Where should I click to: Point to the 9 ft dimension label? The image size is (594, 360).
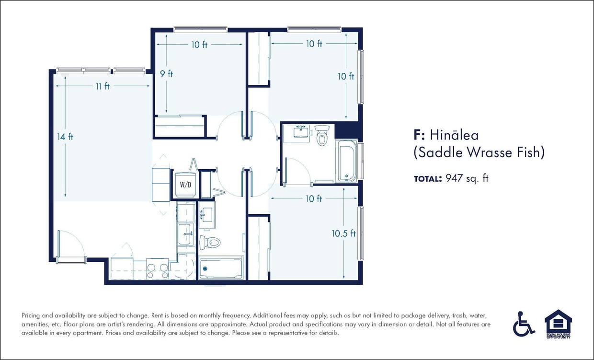coord(166,74)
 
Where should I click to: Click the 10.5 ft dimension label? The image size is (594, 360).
coord(344,233)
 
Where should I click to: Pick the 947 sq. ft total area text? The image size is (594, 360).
coord(467,179)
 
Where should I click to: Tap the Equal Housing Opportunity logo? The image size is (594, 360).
coord(558,324)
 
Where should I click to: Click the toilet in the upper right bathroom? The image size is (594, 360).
coord(321,135)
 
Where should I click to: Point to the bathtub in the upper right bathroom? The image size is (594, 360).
coord(347,161)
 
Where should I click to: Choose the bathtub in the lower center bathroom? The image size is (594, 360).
coord(221,269)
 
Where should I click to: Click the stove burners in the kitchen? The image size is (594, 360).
coord(158,268)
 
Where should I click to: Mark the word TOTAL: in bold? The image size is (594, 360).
coord(427,179)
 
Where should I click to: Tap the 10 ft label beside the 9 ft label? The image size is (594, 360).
coord(199,45)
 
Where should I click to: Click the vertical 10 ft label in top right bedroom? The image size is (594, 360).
coord(345,76)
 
